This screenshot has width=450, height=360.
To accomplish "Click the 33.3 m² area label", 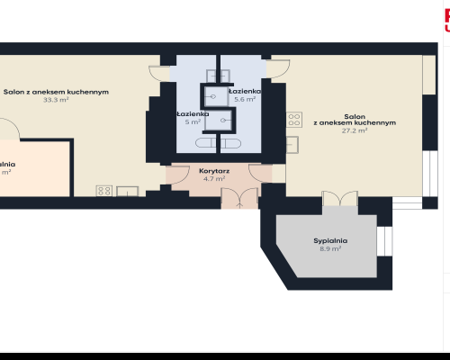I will coord(56,100).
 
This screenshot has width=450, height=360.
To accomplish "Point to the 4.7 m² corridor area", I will coord(213,178).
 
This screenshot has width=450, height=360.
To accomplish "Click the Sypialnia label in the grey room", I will coord(330,240).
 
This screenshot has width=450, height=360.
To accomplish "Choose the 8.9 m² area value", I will coord(330,249).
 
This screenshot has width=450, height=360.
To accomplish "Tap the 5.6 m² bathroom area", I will coord(245,100).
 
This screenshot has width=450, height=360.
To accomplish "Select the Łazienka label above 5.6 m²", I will coord(245,92).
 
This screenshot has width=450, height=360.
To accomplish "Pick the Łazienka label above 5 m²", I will coord(193,114).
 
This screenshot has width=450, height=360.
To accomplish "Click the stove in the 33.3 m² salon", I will coord(103,190).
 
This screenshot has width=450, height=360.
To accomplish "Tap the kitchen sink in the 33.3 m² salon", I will coord(127,190).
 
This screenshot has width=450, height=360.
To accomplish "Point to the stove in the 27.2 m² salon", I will coord(292,119).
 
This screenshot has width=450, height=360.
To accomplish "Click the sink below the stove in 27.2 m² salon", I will coord(292,144).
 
